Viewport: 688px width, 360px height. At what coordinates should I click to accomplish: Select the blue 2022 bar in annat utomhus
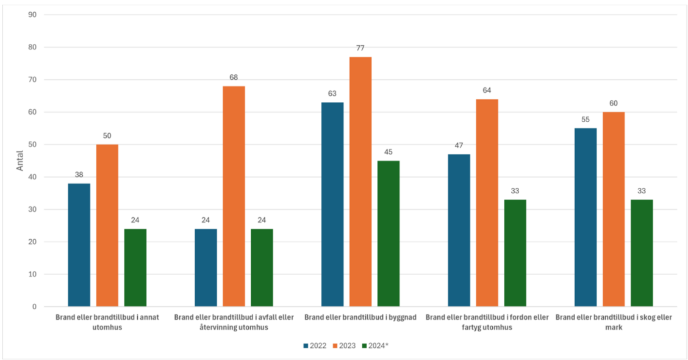coord(79,245)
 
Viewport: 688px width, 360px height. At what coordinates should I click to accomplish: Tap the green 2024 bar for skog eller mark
coord(642,253)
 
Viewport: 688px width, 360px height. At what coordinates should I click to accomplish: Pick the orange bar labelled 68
coord(234,196)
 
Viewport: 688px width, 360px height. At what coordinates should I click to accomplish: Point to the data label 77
coord(360,48)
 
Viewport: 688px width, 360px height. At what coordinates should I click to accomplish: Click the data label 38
coord(79,175)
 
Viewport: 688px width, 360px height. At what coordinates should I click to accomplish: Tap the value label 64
coord(487,90)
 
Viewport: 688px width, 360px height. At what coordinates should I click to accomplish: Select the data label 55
coord(586,119)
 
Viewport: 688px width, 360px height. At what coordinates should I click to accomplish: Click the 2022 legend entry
coord(314,346)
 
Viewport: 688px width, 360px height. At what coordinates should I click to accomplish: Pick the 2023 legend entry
coord(343,346)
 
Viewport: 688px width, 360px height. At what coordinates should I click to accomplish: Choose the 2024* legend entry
coord(374,346)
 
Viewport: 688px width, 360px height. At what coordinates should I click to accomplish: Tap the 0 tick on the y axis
coord(34,306)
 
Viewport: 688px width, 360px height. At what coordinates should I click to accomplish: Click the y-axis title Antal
coord(20,160)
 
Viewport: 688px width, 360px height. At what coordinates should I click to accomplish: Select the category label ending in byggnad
coord(360,317)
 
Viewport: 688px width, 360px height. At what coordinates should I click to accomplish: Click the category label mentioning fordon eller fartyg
coord(487,322)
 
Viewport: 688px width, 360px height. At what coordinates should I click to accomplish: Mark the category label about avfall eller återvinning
coord(234,322)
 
